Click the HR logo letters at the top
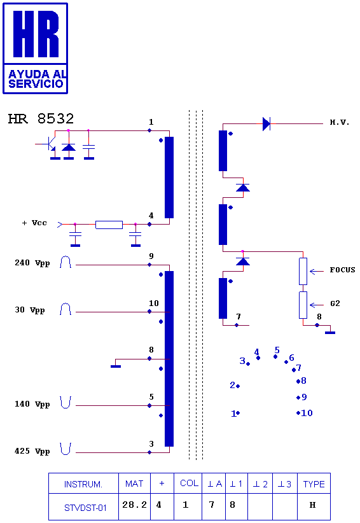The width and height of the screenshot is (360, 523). coord(36,34)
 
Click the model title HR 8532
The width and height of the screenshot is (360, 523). coord(41,119)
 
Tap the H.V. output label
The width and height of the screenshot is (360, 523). coord(340,122)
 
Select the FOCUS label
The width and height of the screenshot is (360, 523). coord(342,270)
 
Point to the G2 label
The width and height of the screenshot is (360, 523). coord(335,303)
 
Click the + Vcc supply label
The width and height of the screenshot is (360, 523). coord(34,223)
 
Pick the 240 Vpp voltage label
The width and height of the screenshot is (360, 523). coord(32,263)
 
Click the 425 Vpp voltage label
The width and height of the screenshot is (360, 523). coord(32,451)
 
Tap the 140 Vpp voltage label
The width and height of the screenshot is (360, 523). coord(32,404)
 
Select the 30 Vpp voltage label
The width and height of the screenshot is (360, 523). coord(30,310)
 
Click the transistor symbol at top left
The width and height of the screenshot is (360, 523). coord(48,144)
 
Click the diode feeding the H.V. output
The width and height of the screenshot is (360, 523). coord(267,123)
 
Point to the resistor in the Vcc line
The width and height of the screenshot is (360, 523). coord(109,225)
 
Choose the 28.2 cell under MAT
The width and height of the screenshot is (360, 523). coord(134,505)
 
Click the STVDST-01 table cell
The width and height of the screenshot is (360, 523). coord(85,508)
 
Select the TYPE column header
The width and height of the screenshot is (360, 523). coord(314,484)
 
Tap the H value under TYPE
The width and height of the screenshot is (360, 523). coord(312,505)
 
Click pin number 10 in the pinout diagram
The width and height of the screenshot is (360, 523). coord(307,413)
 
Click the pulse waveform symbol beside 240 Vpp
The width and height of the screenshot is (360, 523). coord(66,263)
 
